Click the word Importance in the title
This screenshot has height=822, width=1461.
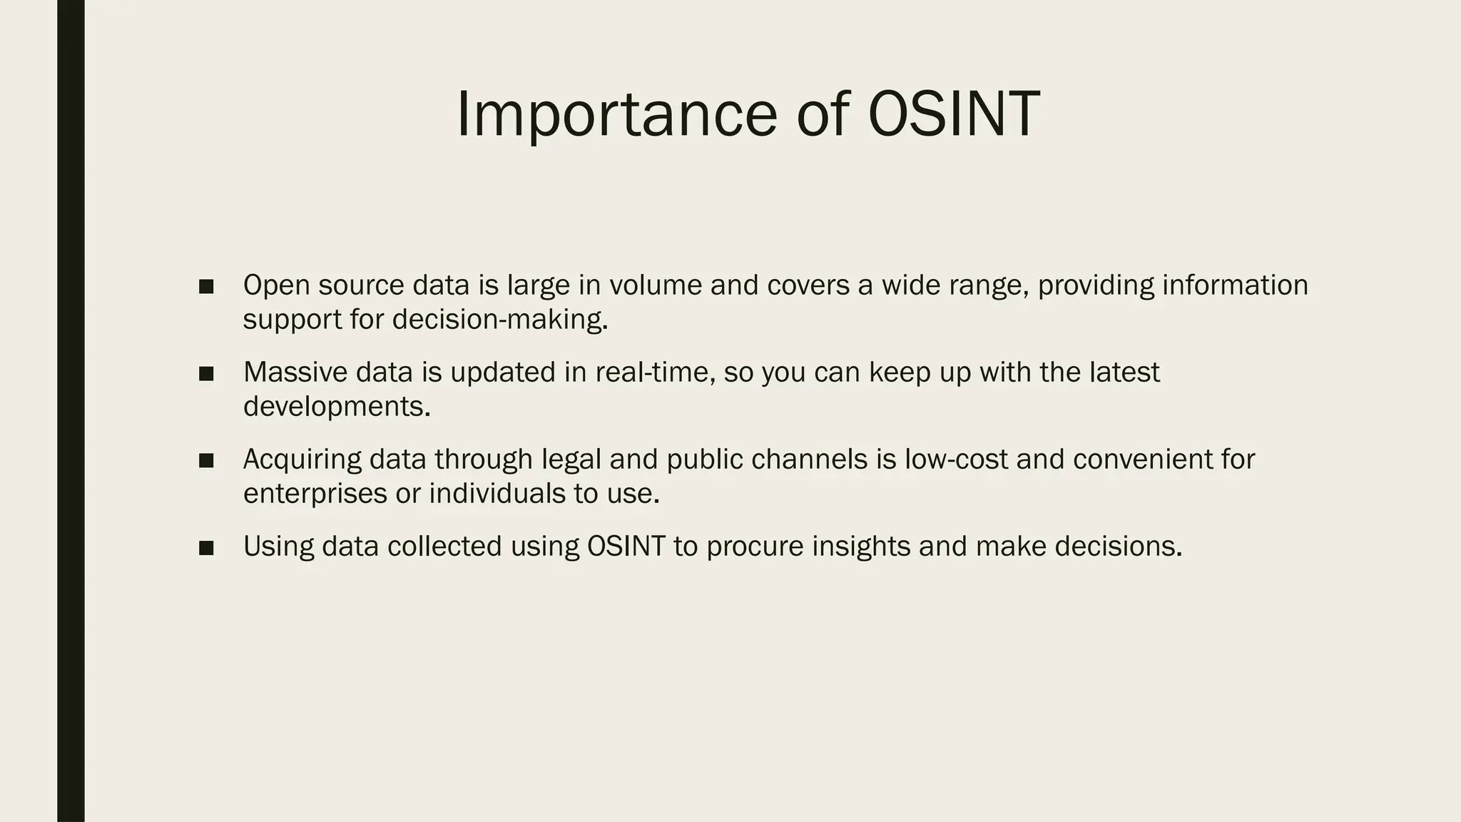[616, 115]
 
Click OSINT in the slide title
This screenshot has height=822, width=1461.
[953, 115]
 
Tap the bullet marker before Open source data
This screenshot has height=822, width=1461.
[206, 287]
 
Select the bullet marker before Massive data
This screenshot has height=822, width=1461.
[206, 374]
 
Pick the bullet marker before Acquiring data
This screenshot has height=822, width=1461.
[206, 461]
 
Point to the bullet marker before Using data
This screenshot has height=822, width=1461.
[206, 548]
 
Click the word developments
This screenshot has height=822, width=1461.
[336, 407]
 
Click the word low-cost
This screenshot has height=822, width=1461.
[956, 460]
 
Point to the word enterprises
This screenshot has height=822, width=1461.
[315, 494]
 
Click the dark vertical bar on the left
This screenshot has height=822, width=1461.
[71, 411]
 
